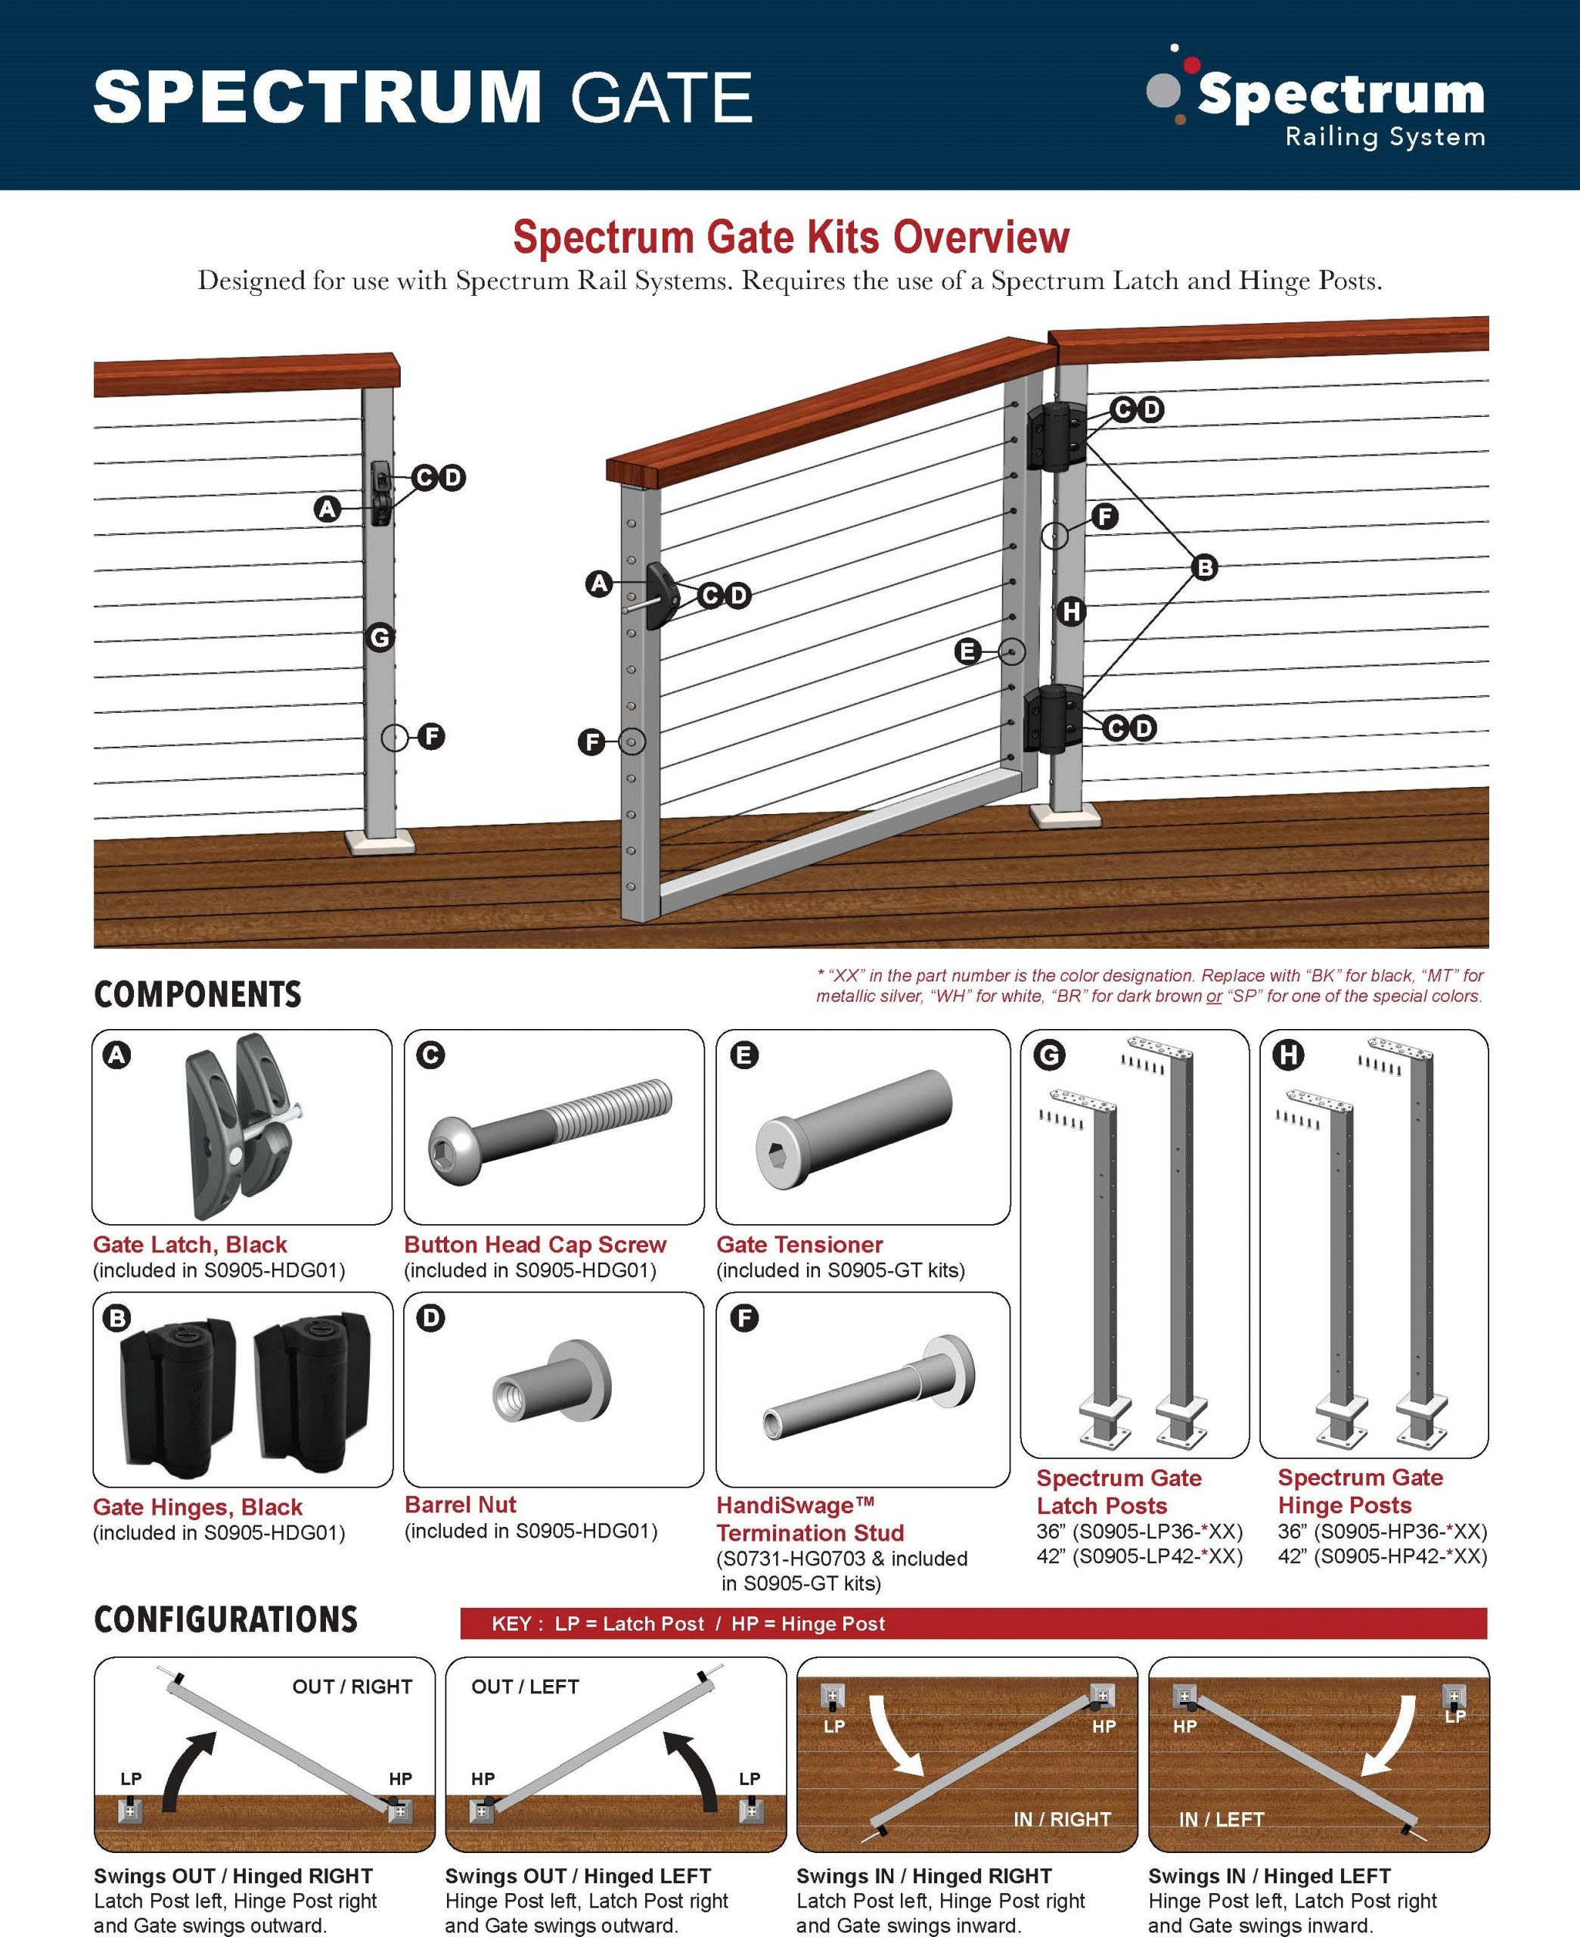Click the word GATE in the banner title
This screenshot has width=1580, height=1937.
[661, 98]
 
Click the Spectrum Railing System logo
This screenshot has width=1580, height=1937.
[1316, 98]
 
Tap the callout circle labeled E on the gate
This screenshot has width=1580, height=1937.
[967, 651]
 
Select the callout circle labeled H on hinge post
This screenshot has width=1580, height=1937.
[1071, 611]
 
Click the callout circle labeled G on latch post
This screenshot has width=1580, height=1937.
[380, 637]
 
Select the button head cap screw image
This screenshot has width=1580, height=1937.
[550, 1130]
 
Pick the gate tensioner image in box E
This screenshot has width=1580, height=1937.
[853, 1128]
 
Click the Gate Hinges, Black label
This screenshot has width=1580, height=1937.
[197, 1506]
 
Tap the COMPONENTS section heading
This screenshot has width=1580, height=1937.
[197, 994]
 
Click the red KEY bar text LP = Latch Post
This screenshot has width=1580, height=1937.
[629, 1623]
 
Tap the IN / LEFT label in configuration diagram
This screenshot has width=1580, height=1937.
[1221, 1819]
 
